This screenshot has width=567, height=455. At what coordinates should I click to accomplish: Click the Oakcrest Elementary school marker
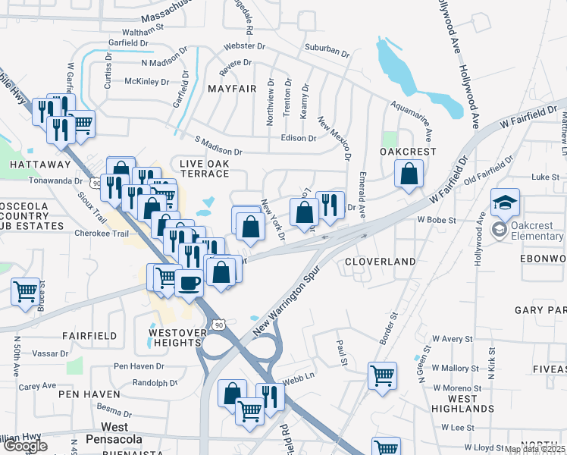click(x=505, y=203)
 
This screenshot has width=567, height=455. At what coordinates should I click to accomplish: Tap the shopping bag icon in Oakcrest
click(x=409, y=175)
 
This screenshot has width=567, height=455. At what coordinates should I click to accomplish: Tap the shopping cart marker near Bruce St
click(x=26, y=291)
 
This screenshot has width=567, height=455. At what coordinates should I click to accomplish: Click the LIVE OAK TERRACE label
click(x=204, y=168)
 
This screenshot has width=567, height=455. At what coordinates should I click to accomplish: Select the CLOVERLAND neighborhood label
click(x=380, y=262)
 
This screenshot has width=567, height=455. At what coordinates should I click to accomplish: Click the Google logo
click(x=24, y=446)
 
